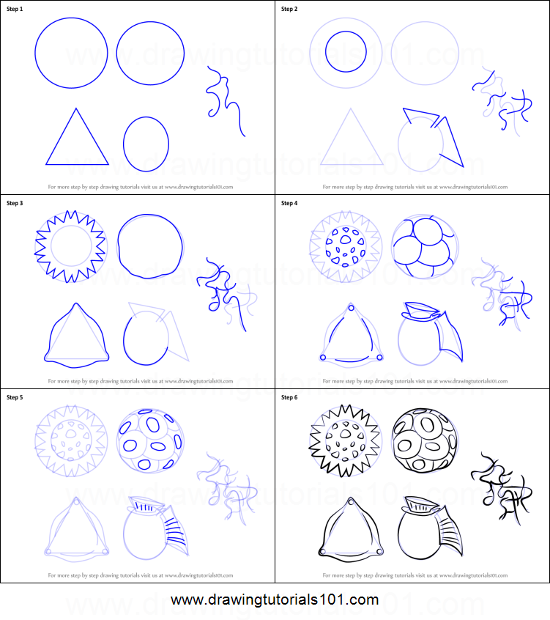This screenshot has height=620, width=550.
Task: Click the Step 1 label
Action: [15, 8]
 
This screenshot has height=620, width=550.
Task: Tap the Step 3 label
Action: [15, 203]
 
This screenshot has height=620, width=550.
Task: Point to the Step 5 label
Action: [15, 397]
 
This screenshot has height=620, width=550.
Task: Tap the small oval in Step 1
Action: [146, 144]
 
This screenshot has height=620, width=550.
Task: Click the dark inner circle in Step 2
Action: [346, 51]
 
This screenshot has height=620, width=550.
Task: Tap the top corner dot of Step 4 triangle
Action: [349, 309]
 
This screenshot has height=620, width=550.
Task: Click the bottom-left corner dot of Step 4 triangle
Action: [322, 358]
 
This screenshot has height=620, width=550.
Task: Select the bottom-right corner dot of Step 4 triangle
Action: [379, 357]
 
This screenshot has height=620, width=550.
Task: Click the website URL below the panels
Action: [275, 600]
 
